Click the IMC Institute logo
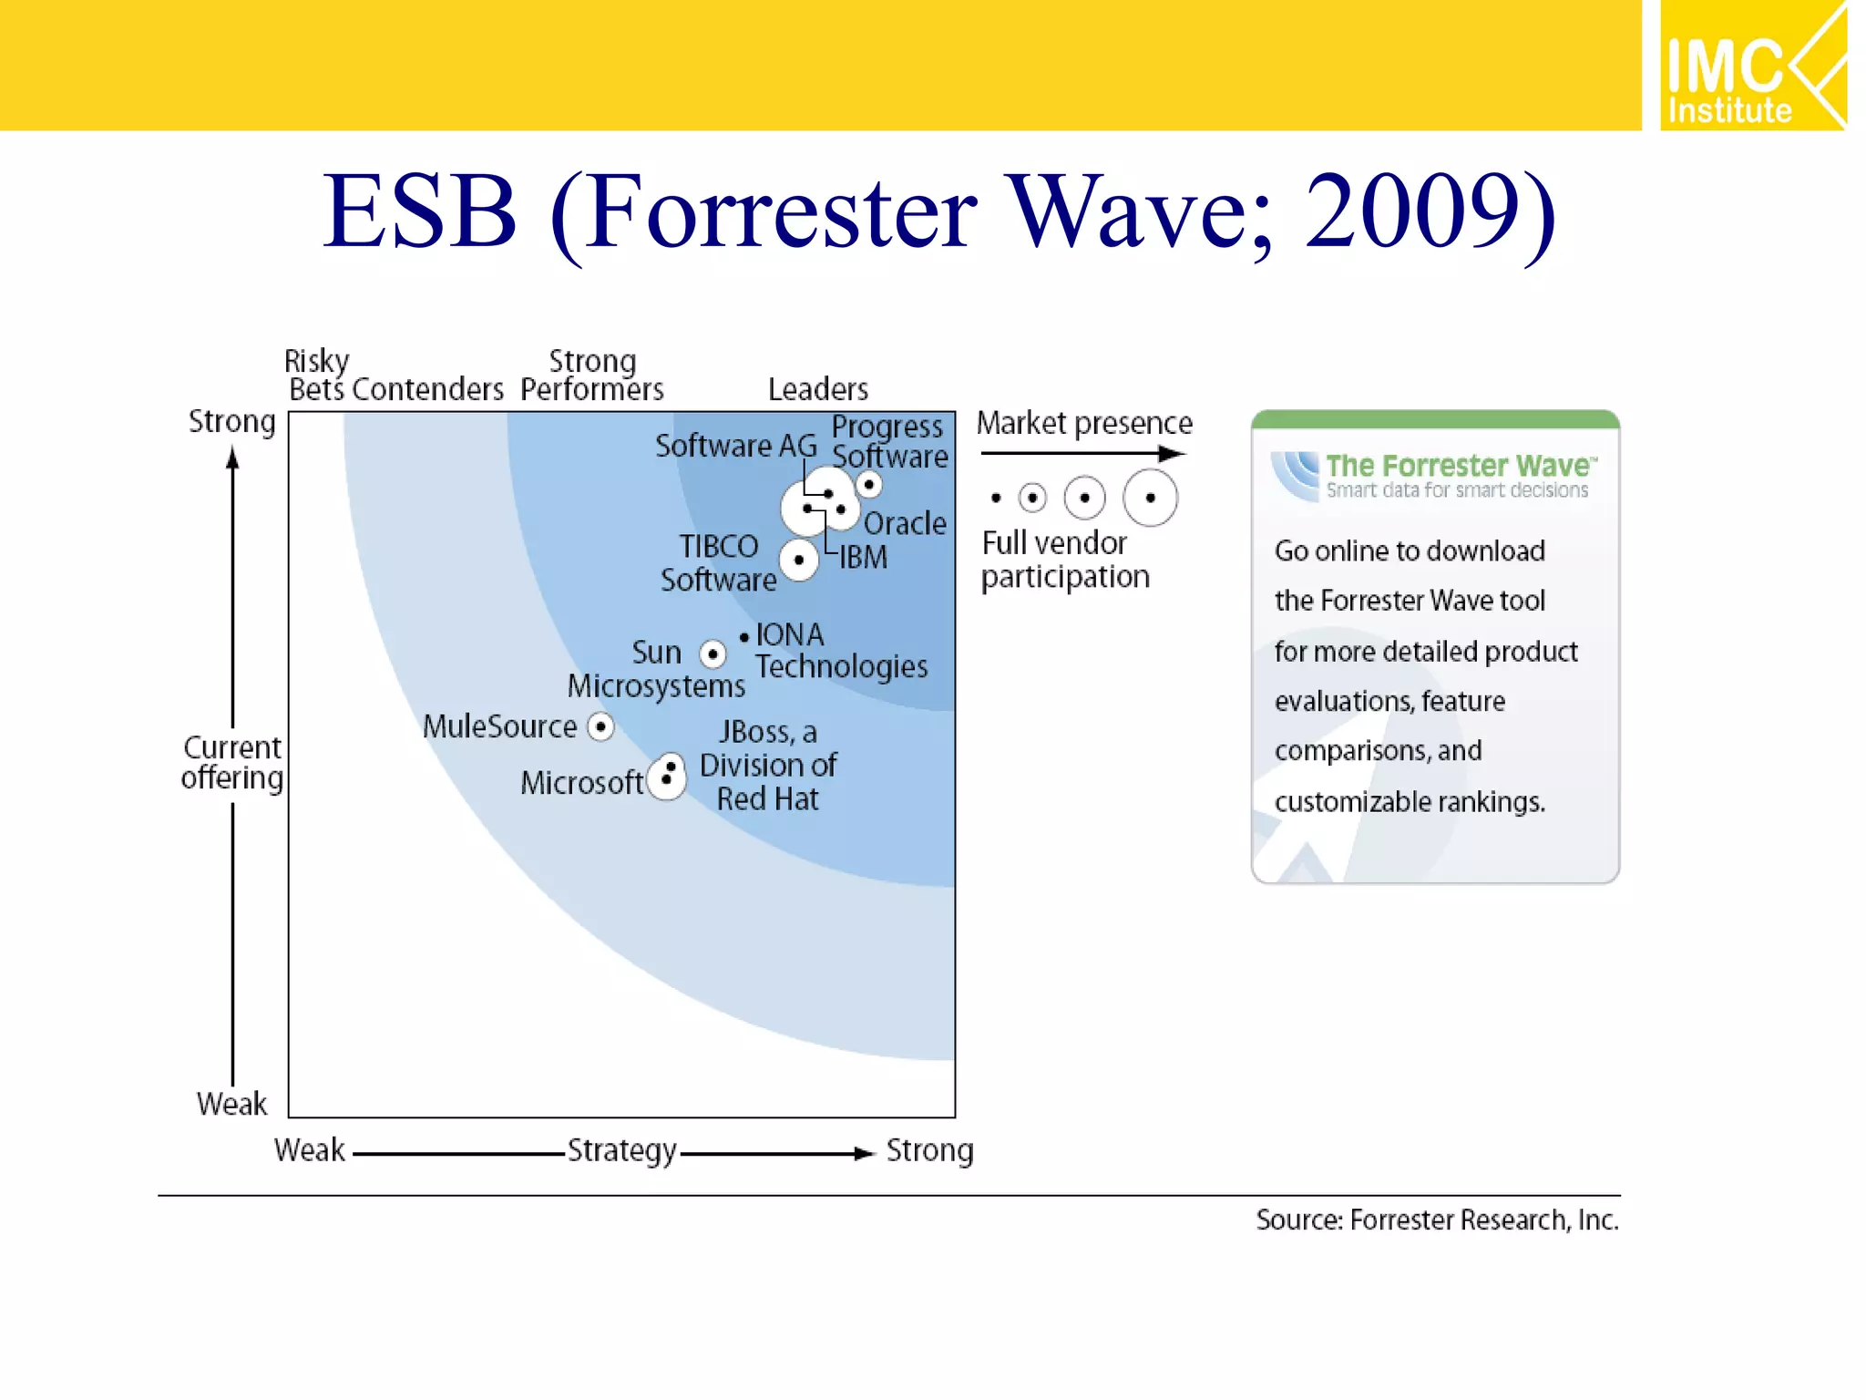(x=1752, y=66)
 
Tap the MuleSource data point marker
(x=600, y=726)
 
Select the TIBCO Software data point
(x=799, y=560)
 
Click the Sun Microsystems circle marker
(x=713, y=654)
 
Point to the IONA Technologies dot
(x=744, y=637)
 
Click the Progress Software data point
(x=869, y=484)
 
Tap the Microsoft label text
(x=581, y=783)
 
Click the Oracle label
(x=905, y=523)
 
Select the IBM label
(x=863, y=557)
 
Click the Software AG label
(x=735, y=446)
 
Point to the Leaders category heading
(x=817, y=389)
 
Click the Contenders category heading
(x=427, y=389)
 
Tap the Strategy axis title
(x=621, y=1150)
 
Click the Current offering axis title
(x=232, y=762)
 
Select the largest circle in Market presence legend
(x=1150, y=498)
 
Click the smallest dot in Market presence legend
(x=996, y=498)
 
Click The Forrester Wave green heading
(x=1461, y=466)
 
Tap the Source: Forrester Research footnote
(x=1437, y=1220)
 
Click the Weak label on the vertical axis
(x=231, y=1104)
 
